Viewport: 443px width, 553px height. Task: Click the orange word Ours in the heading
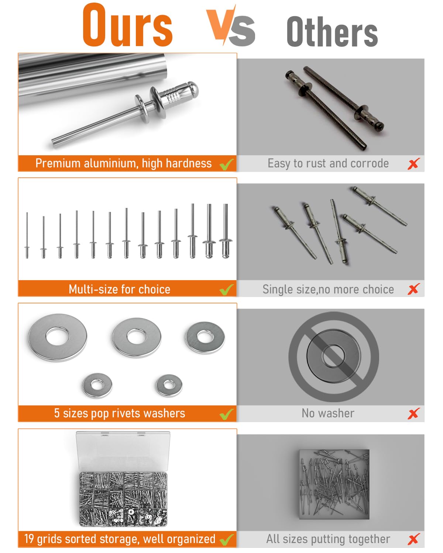(x=127, y=25)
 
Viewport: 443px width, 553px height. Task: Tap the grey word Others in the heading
(x=332, y=32)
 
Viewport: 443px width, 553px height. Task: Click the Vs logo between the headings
(x=231, y=25)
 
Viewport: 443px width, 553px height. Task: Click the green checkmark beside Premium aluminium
(x=227, y=164)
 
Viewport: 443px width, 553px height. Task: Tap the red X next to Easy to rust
(x=414, y=164)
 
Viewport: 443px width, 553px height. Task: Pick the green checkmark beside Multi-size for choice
(x=227, y=290)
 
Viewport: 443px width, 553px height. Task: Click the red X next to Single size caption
(x=414, y=289)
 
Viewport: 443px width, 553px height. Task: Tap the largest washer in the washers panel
(x=57, y=337)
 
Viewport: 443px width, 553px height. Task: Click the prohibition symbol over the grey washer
(x=334, y=357)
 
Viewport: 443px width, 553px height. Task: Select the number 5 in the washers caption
(x=57, y=413)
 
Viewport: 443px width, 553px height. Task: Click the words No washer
(x=328, y=413)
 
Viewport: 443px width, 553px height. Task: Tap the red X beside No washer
(x=414, y=414)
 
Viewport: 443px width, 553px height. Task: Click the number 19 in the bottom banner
(x=29, y=539)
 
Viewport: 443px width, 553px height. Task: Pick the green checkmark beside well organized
(x=227, y=540)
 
